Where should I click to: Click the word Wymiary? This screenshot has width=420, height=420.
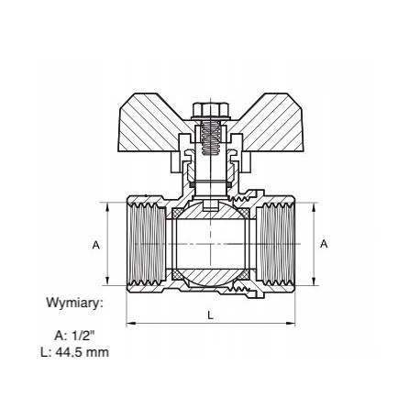coord(72,303)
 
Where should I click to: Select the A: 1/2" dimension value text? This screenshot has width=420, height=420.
coord(74,336)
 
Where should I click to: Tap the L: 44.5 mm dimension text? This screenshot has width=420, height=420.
coord(74,352)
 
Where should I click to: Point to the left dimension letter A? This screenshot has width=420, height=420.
coord(96,245)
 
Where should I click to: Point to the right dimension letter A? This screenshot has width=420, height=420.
coord(324,244)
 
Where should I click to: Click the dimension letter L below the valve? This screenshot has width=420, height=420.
coord(210,315)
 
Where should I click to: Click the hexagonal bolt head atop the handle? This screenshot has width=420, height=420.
coord(211,110)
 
